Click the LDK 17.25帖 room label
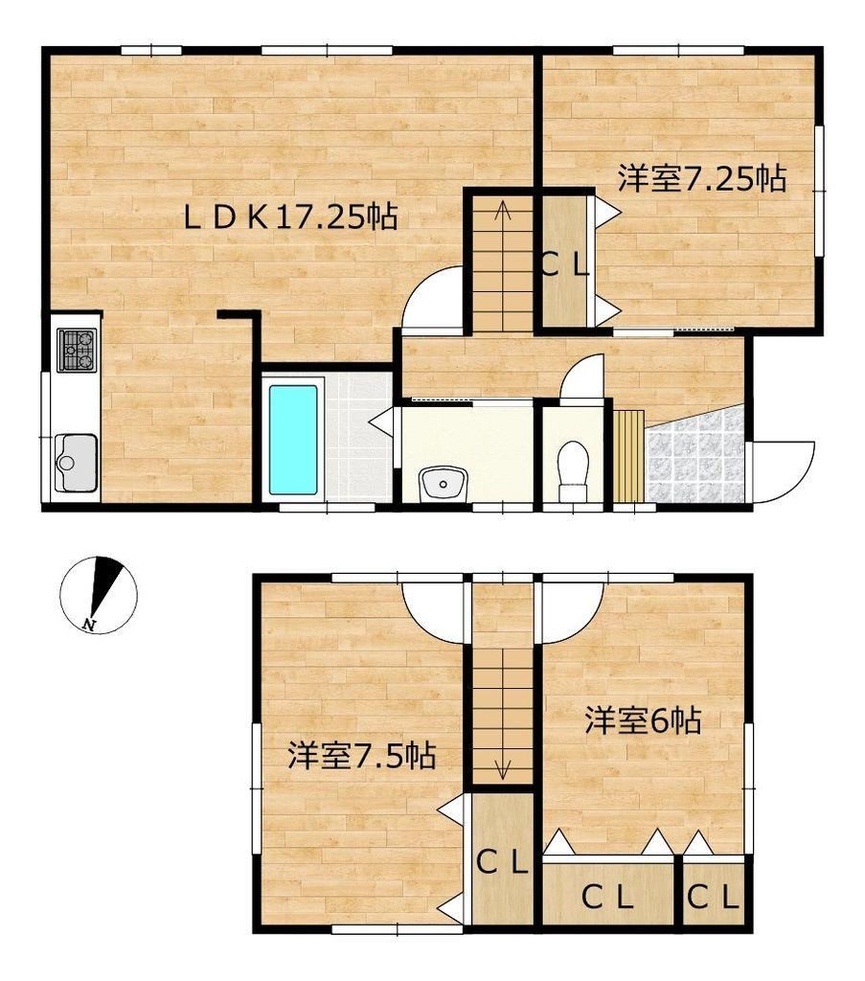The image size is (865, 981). click(290, 217)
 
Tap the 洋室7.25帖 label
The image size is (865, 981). click(702, 179)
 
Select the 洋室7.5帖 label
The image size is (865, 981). click(361, 756)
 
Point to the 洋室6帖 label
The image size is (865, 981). click(643, 720)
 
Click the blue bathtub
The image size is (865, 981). click(293, 440)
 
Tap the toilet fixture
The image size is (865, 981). click(573, 470)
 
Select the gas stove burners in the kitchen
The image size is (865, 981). click(77, 350)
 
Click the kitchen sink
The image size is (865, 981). click(76, 463)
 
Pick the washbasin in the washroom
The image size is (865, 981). click(444, 484)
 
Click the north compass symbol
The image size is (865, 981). click(99, 594)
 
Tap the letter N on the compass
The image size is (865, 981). click(89, 624)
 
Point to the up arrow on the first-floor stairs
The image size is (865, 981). click(502, 212)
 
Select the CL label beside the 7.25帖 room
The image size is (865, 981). click(564, 268)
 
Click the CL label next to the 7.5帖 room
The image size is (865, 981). click(502, 863)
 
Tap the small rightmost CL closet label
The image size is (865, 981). click(713, 899)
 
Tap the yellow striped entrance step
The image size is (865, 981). click(628, 456)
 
